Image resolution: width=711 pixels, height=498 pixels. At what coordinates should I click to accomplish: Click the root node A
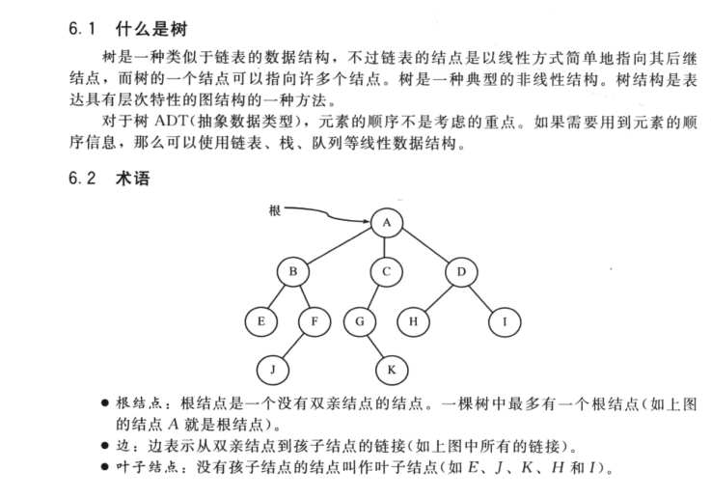coord(386,223)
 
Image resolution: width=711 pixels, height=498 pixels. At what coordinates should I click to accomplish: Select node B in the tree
coord(292,272)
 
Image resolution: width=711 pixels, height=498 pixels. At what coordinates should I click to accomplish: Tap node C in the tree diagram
coord(386,272)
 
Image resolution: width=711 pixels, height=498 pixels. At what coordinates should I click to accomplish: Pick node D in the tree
coord(461,272)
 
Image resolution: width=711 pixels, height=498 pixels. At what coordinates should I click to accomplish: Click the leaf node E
coord(260,319)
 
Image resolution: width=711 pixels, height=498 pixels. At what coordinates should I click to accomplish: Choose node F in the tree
coord(314,319)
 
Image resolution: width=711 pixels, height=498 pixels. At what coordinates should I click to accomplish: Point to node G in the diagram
coord(358,319)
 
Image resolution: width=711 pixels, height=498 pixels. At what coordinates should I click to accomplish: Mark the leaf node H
coord(413,319)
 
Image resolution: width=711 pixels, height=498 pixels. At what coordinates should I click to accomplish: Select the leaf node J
coord(273,368)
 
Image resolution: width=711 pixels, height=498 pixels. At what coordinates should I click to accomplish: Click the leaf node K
coord(391,368)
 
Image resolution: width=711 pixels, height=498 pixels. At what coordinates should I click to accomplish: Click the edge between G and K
coord(374,344)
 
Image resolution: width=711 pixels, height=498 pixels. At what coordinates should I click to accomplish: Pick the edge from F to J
coord(294,344)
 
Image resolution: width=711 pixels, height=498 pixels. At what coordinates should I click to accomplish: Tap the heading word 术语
coord(134,179)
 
